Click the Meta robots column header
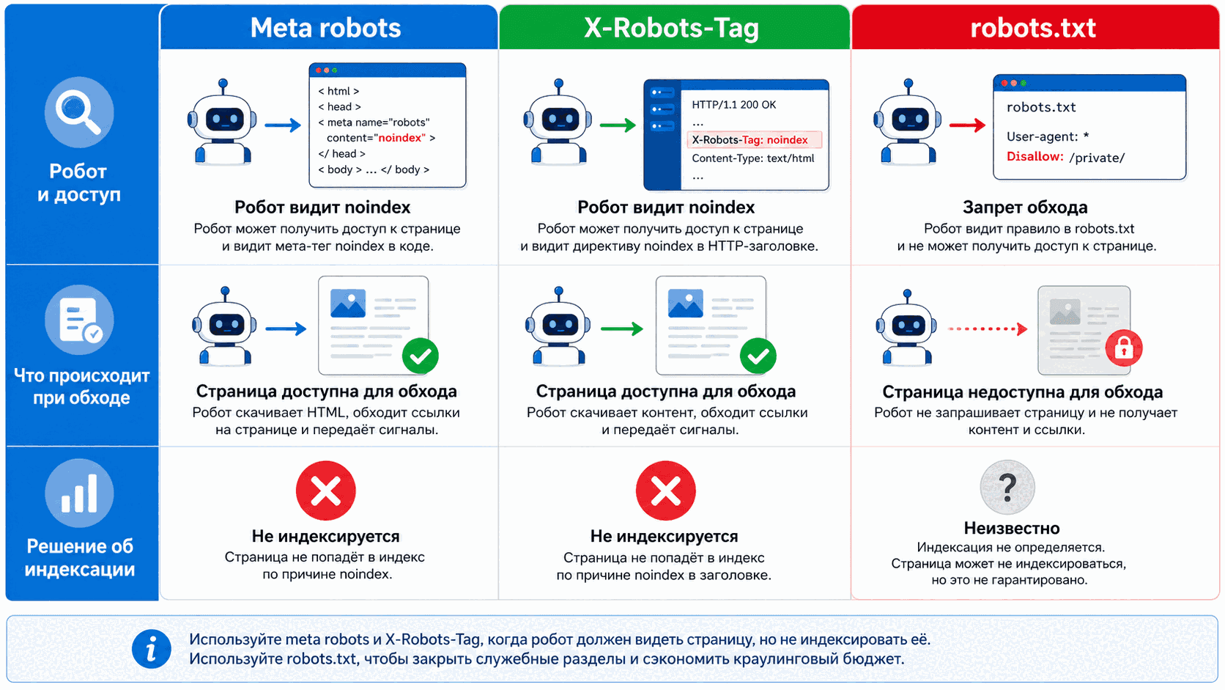325,27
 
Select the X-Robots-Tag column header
672,28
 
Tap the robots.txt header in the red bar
1033,27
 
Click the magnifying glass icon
79,111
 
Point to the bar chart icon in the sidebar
79,493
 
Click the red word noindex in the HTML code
401,138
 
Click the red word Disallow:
1035,156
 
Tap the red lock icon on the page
1123,348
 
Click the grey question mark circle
1007,486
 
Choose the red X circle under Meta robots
326,491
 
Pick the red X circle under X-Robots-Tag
665,491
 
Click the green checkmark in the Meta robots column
420,356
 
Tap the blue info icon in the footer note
152,649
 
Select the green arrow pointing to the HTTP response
618,125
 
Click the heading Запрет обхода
1025,208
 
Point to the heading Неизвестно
1012,528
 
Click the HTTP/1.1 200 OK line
733,105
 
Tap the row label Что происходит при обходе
81,386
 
